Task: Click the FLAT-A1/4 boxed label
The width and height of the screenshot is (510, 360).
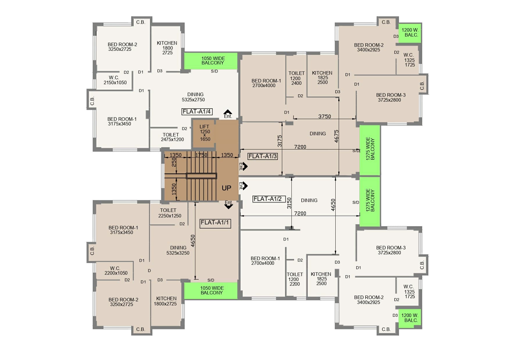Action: pos(197,111)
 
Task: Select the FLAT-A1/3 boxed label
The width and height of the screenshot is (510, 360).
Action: pos(263,156)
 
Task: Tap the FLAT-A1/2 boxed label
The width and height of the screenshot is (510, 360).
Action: pos(267,199)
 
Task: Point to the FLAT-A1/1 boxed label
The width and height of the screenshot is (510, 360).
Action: pos(215,223)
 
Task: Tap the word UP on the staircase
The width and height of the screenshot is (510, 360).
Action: pos(226,188)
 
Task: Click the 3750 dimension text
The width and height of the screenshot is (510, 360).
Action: pos(325,116)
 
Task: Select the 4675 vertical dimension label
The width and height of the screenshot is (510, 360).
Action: pos(337,136)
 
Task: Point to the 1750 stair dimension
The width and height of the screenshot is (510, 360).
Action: pos(201,155)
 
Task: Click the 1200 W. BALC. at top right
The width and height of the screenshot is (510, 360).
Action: pos(410,33)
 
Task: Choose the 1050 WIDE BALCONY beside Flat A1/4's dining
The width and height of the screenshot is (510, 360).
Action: pos(213,60)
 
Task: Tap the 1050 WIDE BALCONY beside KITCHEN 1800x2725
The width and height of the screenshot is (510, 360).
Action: pos(212,290)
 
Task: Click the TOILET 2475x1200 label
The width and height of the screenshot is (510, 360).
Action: pos(172,137)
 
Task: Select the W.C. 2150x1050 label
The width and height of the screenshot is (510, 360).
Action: pos(115,80)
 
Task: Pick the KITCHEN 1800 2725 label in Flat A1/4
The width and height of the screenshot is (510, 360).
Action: pos(167,48)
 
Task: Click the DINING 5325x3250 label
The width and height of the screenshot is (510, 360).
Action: pos(178,250)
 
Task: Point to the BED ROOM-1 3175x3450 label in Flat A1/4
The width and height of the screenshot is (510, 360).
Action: pos(122,121)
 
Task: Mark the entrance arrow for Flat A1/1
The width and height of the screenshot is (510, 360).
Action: pos(229,205)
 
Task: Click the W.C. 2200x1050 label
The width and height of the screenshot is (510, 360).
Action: pos(116,271)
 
